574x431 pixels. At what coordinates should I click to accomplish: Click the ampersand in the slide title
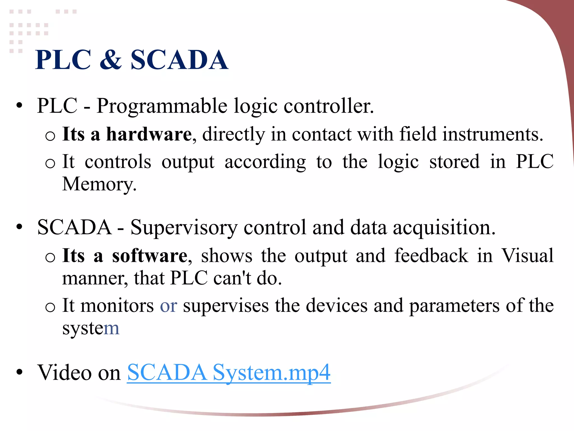coord(111,60)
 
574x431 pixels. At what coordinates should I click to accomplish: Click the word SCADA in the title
coord(179,60)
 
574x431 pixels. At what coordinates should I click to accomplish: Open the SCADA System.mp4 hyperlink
coord(229,373)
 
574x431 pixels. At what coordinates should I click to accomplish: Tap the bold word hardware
coord(149,134)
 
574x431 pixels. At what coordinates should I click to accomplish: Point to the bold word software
coord(150,256)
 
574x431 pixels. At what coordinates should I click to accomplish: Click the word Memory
coord(99,185)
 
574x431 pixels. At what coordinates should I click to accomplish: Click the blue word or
coord(168,306)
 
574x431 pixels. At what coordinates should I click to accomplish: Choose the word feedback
coord(431,256)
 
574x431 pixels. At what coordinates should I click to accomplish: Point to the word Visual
coord(527,256)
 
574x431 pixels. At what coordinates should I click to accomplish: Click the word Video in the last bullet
coord(64,373)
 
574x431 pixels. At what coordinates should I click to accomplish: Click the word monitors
coord(117,306)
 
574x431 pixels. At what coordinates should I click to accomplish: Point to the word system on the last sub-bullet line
coord(91,328)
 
